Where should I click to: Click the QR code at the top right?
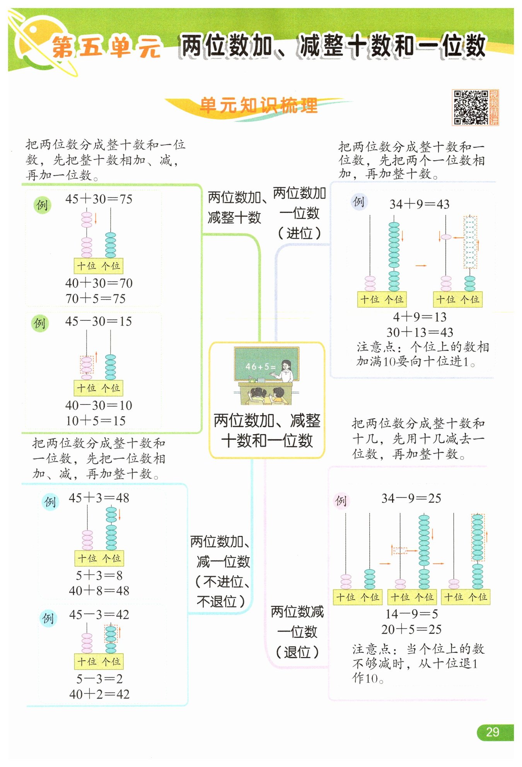[x=471, y=108]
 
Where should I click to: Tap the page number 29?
[x=492, y=732]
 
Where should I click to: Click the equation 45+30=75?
[x=99, y=199]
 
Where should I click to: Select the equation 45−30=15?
[x=99, y=321]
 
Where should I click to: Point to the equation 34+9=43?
[x=419, y=204]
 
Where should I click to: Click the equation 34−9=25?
[x=411, y=498]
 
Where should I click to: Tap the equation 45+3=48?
[x=99, y=498]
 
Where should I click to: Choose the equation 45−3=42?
[x=99, y=615]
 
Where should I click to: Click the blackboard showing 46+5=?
[x=266, y=364]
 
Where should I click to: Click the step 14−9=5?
[x=411, y=614]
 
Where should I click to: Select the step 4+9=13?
[x=420, y=317]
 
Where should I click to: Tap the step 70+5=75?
[x=96, y=298]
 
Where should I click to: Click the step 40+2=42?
[x=99, y=694]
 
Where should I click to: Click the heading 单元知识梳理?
[x=259, y=105]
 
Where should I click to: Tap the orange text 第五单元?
[x=106, y=48]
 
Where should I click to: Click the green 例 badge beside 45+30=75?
[x=42, y=205]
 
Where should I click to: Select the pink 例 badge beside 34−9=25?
[x=341, y=501]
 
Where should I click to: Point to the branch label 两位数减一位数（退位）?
[x=297, y=632]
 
